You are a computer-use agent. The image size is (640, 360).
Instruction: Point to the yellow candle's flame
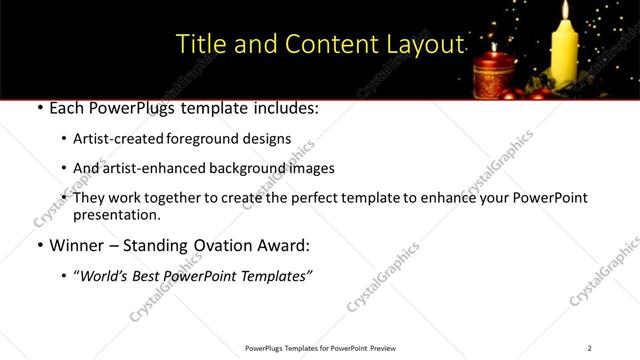pos(567,12)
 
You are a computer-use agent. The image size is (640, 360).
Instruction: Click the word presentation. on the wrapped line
pos(117,215)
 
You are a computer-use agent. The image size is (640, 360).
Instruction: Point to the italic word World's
pos(104,277)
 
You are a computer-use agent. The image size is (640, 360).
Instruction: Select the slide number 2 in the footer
pos(589,348)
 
